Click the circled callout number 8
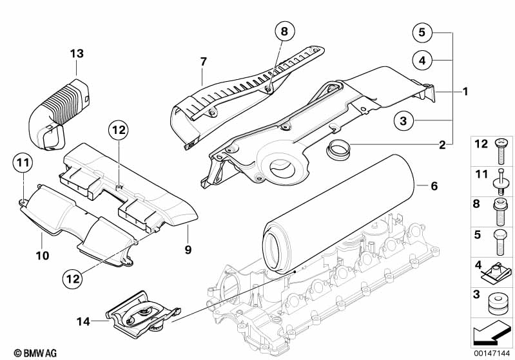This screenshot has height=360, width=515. pyautogui.click(x=284, y=32)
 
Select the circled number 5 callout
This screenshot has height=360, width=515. pyautogui.click(x=422, y=32)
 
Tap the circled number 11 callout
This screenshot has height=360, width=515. pyautogui.click(x=23, y=162)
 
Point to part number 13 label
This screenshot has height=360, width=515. pyautogui.click(x=77, y=53)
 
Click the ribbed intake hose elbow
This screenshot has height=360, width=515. pyautogui.click(x=59, y=113)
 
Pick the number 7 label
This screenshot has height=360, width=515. pyautogui.click(x=204, y=61)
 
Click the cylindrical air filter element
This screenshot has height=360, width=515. pyautogui.click(x=338, y=215)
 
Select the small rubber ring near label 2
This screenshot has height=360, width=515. pyautogui.click(x=338, y=149)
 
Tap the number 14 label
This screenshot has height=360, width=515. pyautogui.click(x=83, y=321)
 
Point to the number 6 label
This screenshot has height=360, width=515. pyautogui.click(x=434, y=186)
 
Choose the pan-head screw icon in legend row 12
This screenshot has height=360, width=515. pyautogui.click(x=501, y=151)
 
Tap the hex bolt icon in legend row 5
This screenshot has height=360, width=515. pyautogui.click(x=500, y=242)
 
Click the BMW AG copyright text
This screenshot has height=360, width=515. pyautogui.click(x=35, y=353)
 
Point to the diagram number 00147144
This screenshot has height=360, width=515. pyautogui.click(x=492, y=354)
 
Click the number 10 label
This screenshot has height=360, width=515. pyautogui.click(x=42, y=256)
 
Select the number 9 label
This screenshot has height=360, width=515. pyautogui.click(x=188, y=250)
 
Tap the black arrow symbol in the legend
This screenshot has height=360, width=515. pyautogui.click(x=491, y=333)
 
